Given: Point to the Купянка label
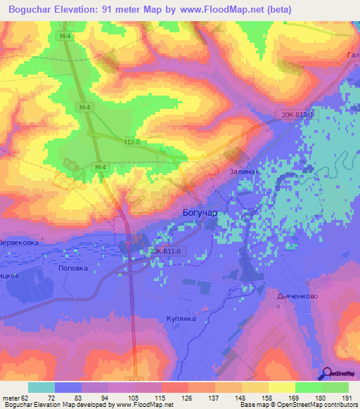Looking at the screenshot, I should (181, 318).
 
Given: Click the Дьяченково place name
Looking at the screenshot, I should (298, 296).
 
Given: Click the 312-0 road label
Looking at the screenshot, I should (131, 142).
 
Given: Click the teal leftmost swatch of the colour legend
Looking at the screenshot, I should (41, 387).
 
